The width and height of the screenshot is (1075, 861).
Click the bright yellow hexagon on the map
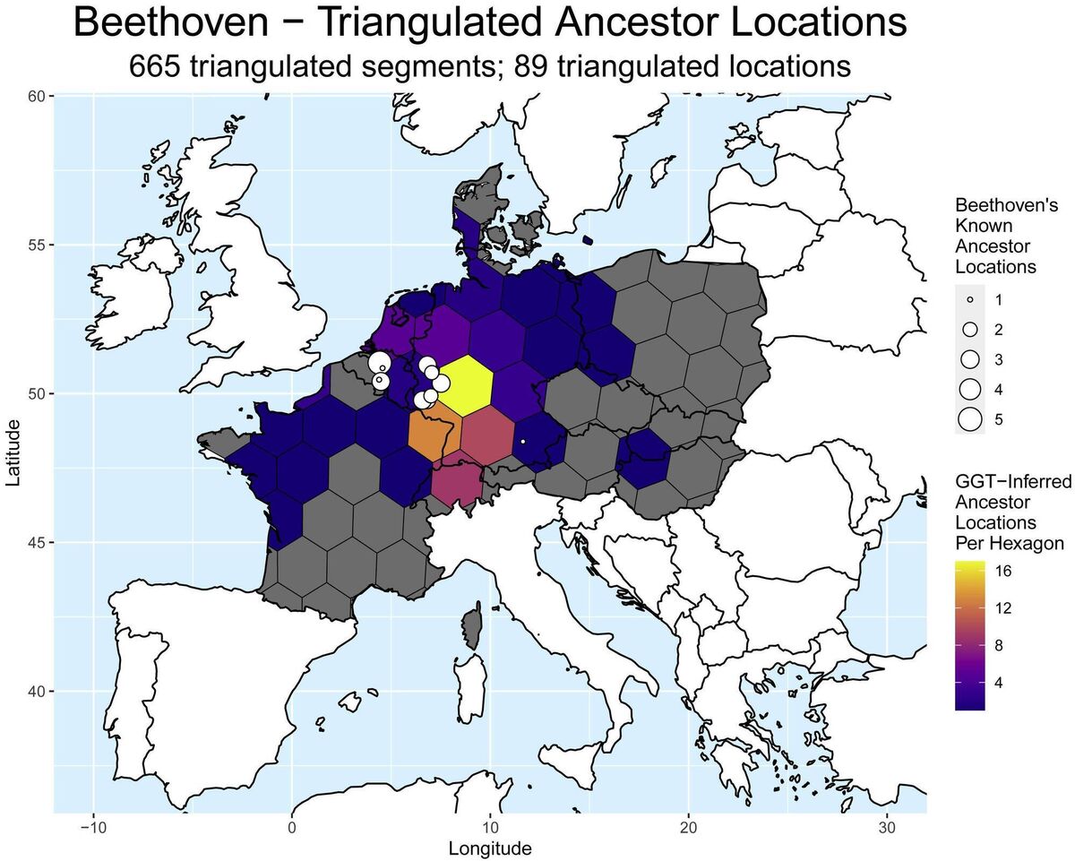[465, 385]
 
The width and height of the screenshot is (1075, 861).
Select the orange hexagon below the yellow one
[436, 436]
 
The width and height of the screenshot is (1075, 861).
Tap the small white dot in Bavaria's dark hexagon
[522, 442]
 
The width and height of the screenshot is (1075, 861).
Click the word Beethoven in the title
[198, 24]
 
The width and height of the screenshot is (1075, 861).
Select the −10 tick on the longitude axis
[92, 826]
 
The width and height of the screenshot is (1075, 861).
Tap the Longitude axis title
[490, 848]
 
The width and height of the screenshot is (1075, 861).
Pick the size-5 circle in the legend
[970, 419]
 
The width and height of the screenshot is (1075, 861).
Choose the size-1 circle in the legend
[970, 298]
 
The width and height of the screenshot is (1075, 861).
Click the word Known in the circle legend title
[980, 225]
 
